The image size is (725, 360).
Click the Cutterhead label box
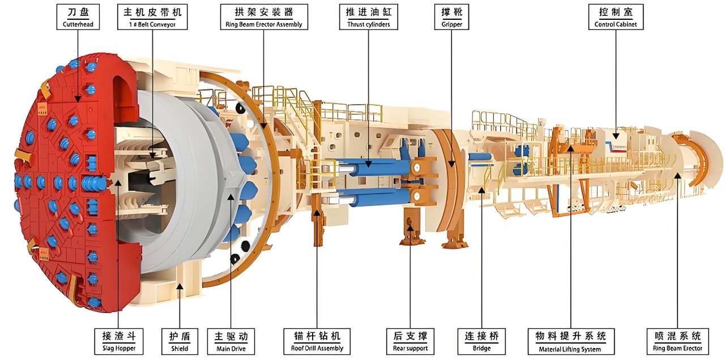[78, 17]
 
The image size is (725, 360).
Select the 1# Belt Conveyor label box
[152, 17]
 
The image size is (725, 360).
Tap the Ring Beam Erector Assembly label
[264, 17]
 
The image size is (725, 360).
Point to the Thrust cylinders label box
[368, 17]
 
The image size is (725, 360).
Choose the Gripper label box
[451, 17]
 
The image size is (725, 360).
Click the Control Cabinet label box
[616, 17]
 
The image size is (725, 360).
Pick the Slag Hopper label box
[119, 341]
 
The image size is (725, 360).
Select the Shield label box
[180, 341]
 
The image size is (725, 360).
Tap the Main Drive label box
[231, 341]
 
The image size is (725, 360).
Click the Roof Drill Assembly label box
[317, 341]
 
